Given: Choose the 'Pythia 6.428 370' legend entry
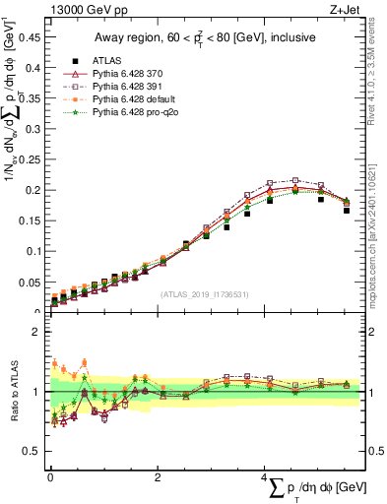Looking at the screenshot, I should point(128,74).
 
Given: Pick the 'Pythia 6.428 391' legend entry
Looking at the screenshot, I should point(128,88).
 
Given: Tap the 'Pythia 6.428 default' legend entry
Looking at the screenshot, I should point(134,101).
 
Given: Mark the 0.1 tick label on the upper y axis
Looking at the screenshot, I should point(35,251).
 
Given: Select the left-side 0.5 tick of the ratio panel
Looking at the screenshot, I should point(33,451).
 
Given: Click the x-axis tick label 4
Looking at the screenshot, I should point(264,477).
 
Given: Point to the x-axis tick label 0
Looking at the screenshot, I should point(50,477).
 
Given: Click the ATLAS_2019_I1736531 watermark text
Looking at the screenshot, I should point(204,294).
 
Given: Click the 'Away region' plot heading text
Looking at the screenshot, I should point(204,37).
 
